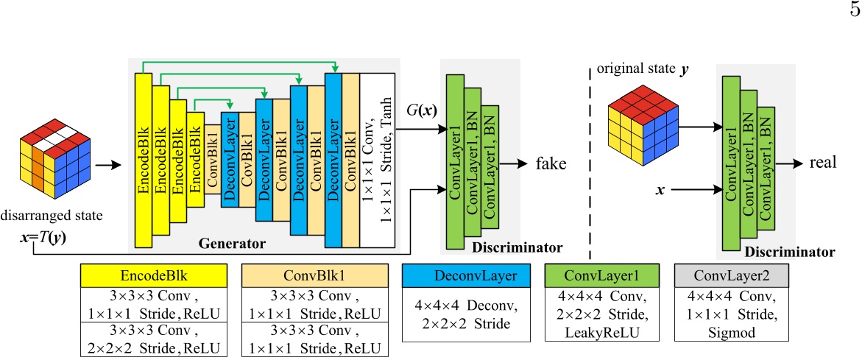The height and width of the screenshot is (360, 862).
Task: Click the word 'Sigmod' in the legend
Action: coord(732,328)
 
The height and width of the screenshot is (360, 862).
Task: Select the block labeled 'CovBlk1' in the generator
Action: coord(247,161)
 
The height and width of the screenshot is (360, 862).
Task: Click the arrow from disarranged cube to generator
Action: coord(107,167)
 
